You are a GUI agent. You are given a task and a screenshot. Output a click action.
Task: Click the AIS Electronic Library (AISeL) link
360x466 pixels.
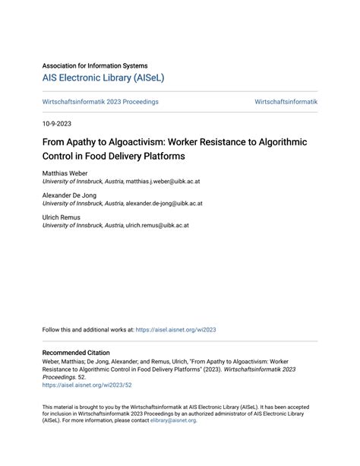(103, 78)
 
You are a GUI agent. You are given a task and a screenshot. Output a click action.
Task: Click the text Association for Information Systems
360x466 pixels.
(95, 65)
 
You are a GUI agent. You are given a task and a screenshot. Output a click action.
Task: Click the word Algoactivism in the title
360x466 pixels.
(144, 141)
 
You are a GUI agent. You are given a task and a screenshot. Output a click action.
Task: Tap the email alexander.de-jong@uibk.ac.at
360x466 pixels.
(163, 204)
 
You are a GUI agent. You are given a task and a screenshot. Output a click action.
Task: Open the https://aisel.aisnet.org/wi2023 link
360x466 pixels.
(176, 330)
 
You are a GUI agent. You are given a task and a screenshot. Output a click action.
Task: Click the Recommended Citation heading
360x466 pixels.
(76, 353)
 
